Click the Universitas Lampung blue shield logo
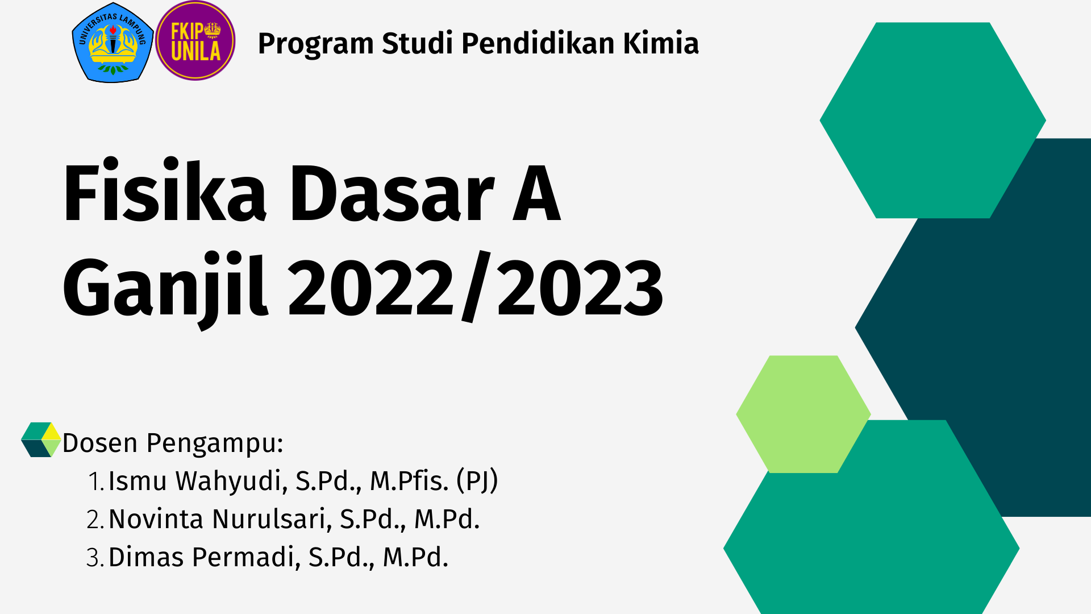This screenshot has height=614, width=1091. [x=113, y=43]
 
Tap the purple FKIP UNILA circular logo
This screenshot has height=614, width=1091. [x=195, y=41]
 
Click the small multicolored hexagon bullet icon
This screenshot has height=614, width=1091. [x=41, y=439]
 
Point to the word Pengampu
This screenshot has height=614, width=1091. [x=215, y=443]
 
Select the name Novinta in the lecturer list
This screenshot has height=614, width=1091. [x=156, y=519]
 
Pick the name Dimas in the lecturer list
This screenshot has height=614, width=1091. [x=146, y=557]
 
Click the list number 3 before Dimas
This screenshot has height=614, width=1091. [x=94, y=558]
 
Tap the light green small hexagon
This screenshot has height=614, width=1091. [x=803, y=414]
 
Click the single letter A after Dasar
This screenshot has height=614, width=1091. [x=536, y=193]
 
